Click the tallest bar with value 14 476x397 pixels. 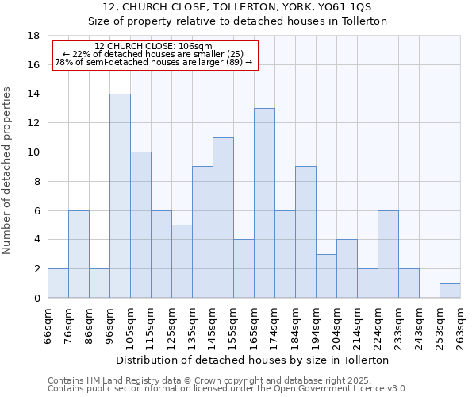coord(120,195)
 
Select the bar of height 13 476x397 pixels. coord(264,202)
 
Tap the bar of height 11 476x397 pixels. coord(223,218)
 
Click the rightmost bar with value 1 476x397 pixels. coord(450,291)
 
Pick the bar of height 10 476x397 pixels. coord(141,225)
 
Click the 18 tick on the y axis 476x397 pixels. coord(33,36)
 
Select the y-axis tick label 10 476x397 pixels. coord(33,152)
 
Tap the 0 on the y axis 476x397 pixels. coord(36,298)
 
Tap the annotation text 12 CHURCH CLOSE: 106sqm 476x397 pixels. coord(153,46)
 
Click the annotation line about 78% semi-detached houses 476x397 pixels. coord(153,62)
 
